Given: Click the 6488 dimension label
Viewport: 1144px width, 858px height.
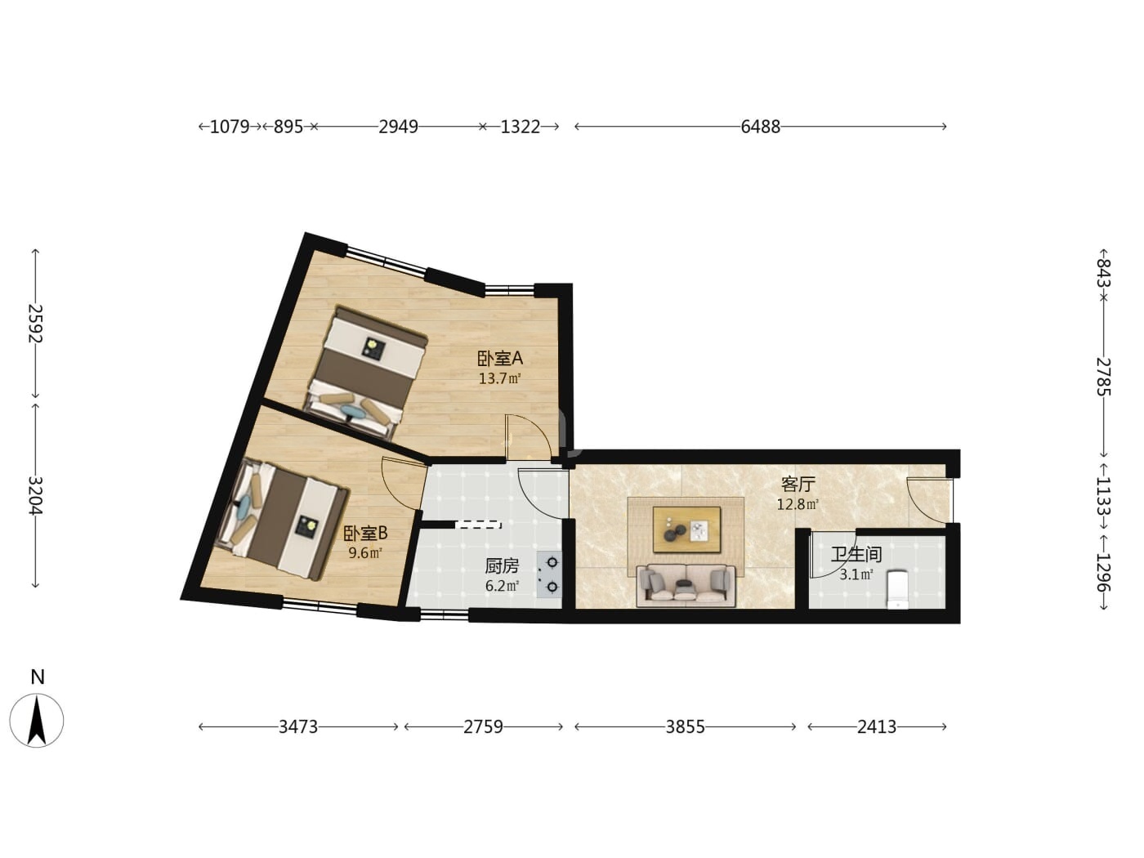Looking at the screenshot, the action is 760,127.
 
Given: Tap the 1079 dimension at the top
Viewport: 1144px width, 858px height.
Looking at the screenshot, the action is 230,127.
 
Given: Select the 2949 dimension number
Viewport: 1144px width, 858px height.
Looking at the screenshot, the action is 398,127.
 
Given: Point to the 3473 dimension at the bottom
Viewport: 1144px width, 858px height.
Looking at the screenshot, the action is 298,726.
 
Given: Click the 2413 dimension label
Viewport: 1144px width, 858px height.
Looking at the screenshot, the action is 877,726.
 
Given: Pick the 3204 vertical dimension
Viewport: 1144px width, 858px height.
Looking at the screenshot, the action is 35,495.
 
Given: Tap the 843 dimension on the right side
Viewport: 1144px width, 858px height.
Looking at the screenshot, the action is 1103,273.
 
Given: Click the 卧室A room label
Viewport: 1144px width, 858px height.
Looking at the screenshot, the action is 500,359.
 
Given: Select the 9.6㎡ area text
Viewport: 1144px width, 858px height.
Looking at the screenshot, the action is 365,552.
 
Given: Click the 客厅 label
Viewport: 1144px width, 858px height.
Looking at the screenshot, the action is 798,485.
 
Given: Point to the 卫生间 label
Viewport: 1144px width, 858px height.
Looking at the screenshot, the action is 856,554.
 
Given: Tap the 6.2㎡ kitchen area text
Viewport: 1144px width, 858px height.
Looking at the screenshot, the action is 502,586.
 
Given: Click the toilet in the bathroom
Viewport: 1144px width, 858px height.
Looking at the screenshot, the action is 897,589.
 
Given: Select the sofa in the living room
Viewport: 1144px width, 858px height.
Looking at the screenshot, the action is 686,586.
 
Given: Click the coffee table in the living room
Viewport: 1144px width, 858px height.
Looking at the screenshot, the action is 687,530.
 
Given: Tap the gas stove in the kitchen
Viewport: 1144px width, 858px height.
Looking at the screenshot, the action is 549,575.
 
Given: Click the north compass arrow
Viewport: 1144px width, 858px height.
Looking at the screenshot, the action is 37,721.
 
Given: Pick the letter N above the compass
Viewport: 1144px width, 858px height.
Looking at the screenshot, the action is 38,677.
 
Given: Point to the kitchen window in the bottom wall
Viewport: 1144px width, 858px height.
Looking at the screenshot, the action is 444,615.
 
